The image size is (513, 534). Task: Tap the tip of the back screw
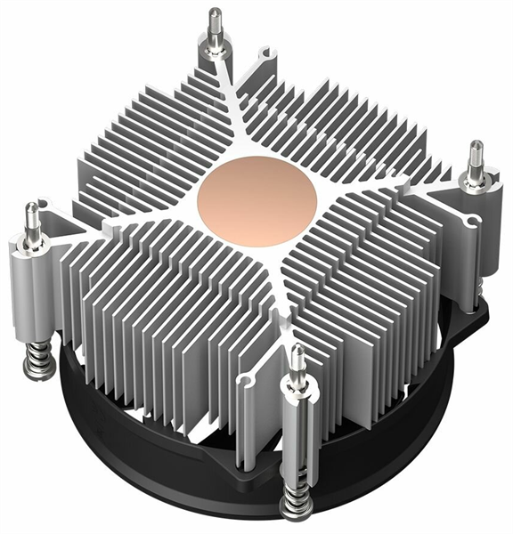[216, 12]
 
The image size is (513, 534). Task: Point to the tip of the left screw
[32, 207]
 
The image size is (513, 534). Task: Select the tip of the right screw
[476, 145]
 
